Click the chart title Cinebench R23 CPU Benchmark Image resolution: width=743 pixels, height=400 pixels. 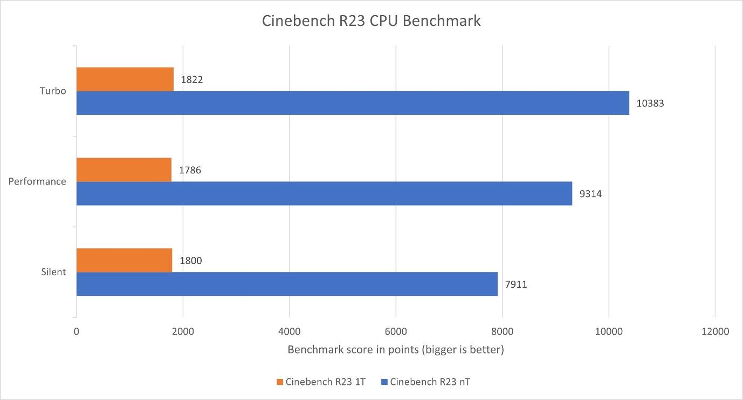click(371, 22)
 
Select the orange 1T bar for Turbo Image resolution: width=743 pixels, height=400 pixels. click(125, 79)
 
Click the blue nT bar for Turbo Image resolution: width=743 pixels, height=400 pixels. click(353, 103)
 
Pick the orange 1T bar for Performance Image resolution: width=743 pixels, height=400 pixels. click(124, 170)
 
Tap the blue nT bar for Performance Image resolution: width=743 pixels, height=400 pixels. click(324, 193)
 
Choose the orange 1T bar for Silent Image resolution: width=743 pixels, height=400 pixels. click(124, 260)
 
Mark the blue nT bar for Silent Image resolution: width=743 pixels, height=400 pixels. click(287, 284)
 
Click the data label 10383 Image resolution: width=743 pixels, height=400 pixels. click(650, 103)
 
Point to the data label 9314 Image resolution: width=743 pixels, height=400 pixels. click(590, 194)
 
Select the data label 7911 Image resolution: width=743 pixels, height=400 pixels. click(516, 284)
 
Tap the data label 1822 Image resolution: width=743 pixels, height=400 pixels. click(191, 80)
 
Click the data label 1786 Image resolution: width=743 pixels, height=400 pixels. click(190, 171)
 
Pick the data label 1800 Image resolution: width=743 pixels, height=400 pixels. click(191, 261)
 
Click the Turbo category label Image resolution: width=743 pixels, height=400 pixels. click(53, 91)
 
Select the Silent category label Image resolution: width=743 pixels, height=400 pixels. click(53, 272)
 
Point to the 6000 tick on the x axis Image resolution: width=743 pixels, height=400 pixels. click(396, 331)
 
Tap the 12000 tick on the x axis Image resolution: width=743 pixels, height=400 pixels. click(715, 331)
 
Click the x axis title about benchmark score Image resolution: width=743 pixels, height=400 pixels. click(396, 350)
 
